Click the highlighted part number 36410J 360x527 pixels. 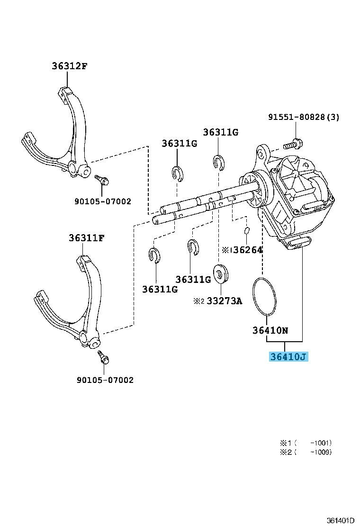click(288, 356)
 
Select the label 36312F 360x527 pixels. click(70, 66)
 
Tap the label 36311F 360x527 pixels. click(86, 238)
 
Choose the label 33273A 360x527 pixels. click(224, 300)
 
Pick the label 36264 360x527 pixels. click(248, 250)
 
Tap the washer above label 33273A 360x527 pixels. click(221, 274)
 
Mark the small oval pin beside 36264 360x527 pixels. click(247, 231)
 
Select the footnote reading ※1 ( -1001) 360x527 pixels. click(306, 443)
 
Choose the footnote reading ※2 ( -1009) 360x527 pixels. click(306, 452)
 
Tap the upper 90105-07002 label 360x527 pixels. click(102, 201)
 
